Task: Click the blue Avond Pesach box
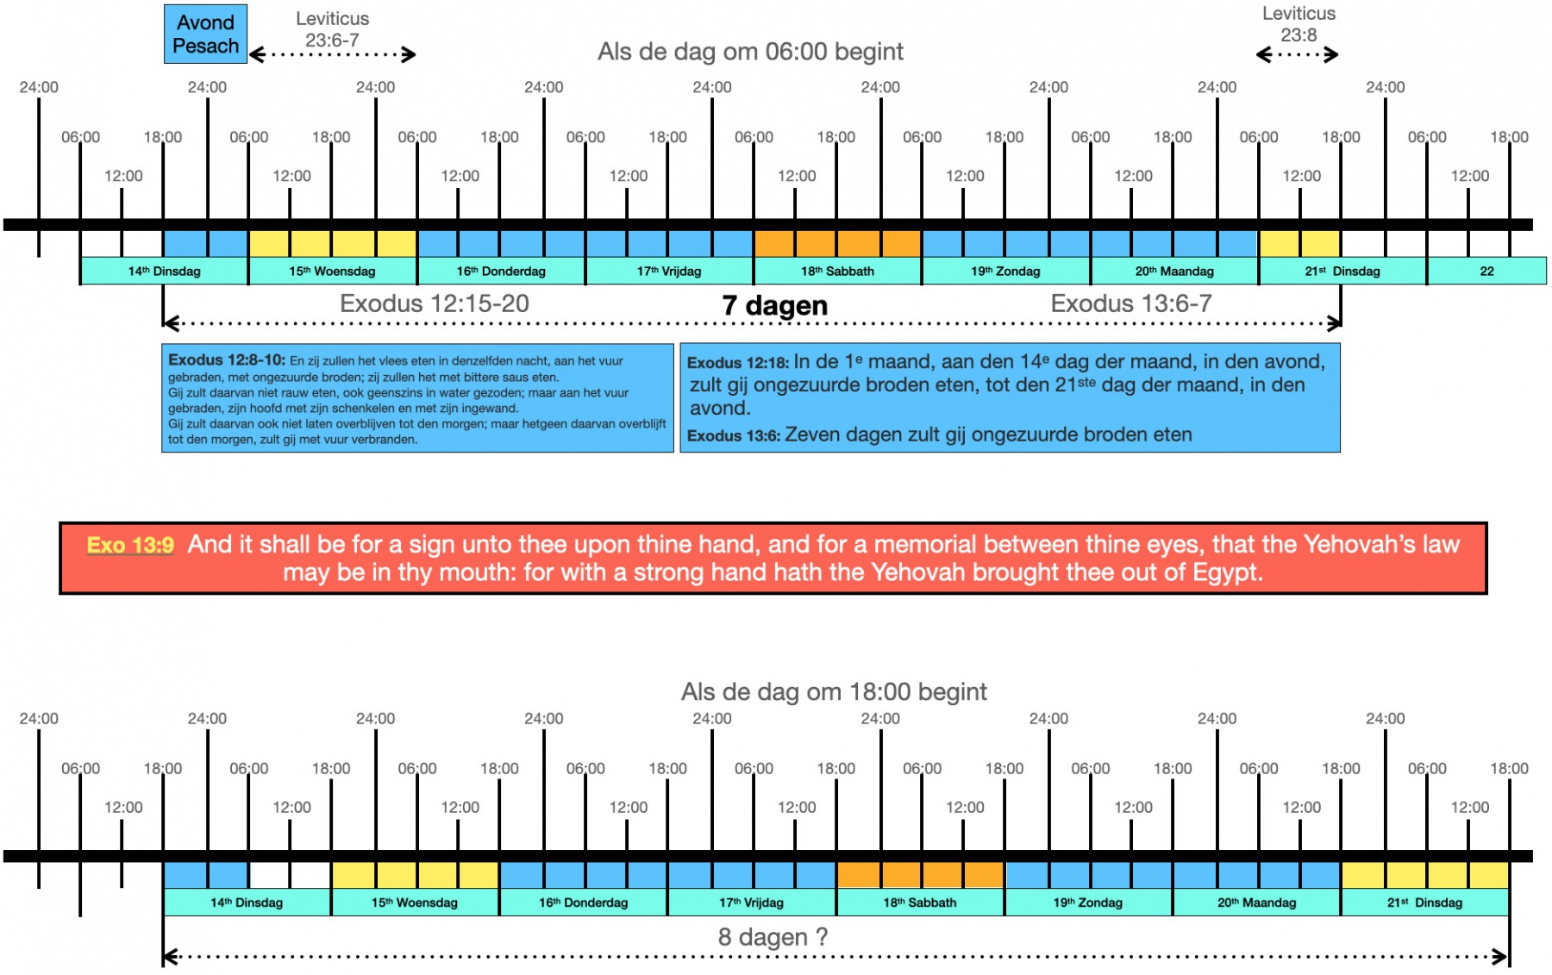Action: point(205,34)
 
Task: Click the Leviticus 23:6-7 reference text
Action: point(332,29)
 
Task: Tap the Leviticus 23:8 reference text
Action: point(1299,24)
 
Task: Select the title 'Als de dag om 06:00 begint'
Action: point(750,52)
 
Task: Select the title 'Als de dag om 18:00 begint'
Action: point(834,691)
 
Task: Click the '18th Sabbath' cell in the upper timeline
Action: point(837,271)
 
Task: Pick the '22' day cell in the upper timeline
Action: point(1486,271)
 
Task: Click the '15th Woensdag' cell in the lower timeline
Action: point(415,903)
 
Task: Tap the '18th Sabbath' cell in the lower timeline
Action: point(920,903)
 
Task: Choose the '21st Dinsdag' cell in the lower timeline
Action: point(1424,903)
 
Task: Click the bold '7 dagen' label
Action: point(774,305)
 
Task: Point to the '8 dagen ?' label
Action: point(773,937)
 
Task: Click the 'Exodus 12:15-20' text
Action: point(435,303)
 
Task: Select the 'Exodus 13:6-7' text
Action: point(1131,303)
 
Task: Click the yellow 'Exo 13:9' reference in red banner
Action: point(130,545)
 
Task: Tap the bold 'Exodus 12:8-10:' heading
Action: point(227,360)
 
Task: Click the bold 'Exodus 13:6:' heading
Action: point(734,435)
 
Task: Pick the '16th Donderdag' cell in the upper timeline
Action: point(501,271)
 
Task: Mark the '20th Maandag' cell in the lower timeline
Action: point(1256,903)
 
